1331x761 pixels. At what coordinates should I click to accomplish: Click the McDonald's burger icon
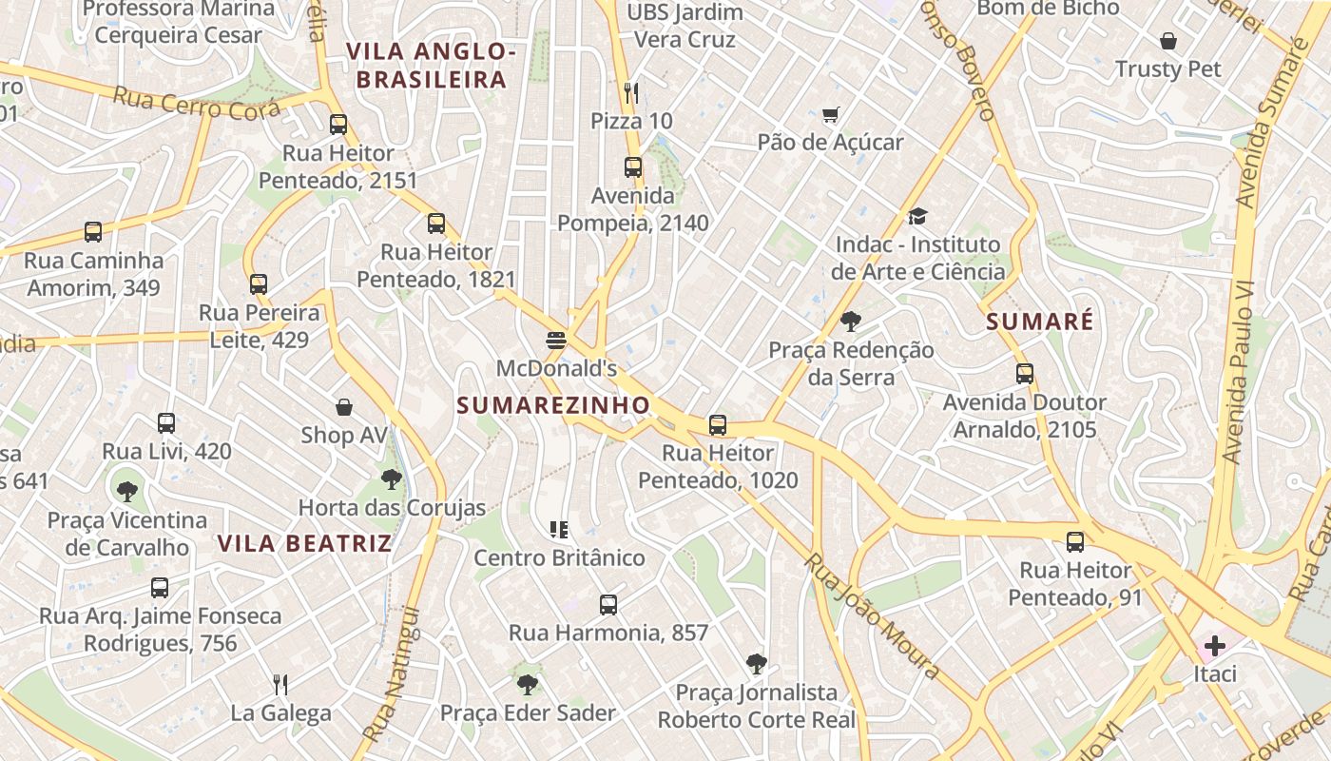click(x=556, y=340)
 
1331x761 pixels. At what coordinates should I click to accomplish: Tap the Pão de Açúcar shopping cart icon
click(x=830, y=115)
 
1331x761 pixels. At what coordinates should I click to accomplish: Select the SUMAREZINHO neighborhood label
click(x=553, y=405)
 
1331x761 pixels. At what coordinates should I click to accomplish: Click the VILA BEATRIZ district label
click(x=304, y=543)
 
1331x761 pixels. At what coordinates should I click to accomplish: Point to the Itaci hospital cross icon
click(x=1214, y=647)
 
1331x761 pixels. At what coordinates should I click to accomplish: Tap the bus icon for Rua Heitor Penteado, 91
click(x=1075, y=542)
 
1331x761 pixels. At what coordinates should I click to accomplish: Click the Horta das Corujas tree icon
click(x=391, y=479)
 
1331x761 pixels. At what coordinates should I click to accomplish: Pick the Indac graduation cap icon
click(x=916, y=217)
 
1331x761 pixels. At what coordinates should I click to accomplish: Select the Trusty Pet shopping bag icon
click(x=1167, y=41)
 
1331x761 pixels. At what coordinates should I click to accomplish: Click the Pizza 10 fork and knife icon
click(x=631, y=92)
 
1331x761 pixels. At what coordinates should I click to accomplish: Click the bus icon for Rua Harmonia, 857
click(x=608, y=604)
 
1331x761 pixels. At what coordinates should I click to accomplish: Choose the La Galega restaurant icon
click(x=280, y=684)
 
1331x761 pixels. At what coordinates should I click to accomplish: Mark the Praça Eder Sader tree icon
click(x=527, y=684)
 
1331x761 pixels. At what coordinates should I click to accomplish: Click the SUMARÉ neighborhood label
click(x=1039, y=322)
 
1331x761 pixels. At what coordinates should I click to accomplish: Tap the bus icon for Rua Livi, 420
click(x=166, y=422)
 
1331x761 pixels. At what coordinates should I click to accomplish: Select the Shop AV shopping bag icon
click(x=344, y=407)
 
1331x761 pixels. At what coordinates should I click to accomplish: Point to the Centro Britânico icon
click(x=559, y=529)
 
